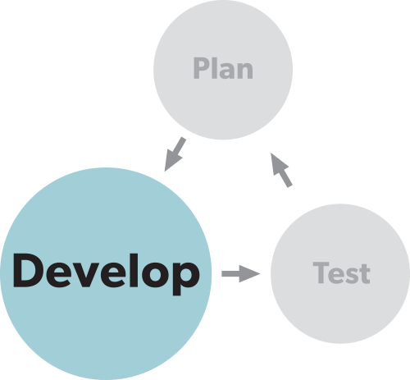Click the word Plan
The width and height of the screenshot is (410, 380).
(223, 68)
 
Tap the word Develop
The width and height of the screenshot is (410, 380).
(106, 274)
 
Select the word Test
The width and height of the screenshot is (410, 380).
(341, 272)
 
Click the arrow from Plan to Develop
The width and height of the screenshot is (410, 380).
(175, 154)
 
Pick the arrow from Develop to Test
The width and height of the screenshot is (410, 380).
(241, 273)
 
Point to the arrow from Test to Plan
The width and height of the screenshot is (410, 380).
(281, 170)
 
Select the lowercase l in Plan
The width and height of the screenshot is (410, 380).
(212, 68)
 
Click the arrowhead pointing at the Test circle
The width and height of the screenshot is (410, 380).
(249, 273)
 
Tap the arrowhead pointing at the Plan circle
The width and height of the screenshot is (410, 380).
(279, 163)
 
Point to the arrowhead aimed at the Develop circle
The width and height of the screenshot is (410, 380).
(172, 162)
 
